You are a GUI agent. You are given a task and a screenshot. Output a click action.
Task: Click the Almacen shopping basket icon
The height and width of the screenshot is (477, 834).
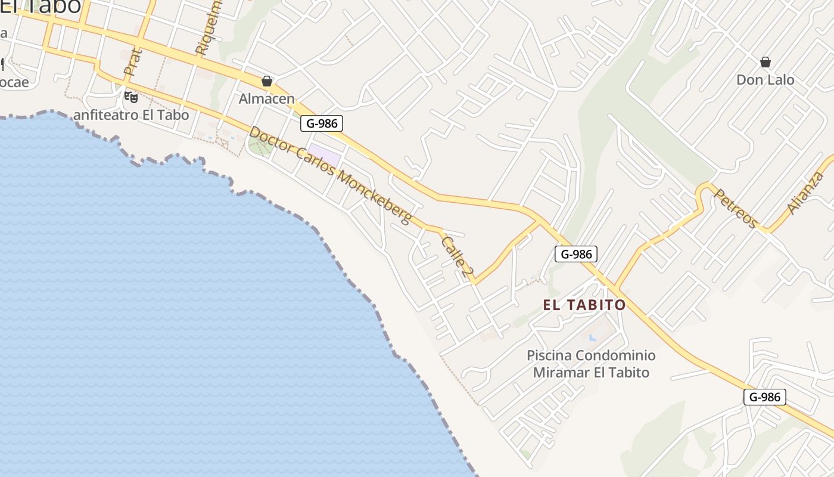pos(267,81)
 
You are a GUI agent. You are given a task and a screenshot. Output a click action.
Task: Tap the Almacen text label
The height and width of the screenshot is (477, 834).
pos(267,98)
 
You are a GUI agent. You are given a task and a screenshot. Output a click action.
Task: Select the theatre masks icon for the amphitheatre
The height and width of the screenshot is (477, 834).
pos(131,97)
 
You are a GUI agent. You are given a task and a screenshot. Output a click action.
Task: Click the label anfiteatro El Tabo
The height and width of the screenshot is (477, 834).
pos(130,115)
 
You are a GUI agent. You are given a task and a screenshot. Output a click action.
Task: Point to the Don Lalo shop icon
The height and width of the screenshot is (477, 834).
pos(765,62)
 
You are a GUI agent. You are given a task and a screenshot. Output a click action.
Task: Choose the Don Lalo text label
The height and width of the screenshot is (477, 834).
pos(765,79)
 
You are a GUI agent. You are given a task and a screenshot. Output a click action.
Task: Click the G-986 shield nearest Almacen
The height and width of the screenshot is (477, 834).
pos(322,123)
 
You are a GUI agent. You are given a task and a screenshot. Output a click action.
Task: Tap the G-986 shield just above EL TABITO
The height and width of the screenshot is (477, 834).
pos(576,254)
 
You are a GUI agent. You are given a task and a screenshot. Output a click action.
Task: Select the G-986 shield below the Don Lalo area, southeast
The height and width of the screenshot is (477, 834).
pos(765,397)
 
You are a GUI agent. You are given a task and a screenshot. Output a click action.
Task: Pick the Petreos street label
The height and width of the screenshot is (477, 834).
pos(735,208)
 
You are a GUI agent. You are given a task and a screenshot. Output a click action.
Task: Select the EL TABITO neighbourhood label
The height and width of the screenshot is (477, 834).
pos(584,305)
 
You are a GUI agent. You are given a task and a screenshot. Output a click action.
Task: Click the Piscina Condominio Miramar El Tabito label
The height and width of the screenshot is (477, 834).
pos(591,364)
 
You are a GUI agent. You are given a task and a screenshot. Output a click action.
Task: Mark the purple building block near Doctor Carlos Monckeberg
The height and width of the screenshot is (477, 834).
pos(325,156)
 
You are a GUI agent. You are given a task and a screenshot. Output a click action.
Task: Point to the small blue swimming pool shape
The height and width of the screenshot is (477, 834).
pos(592,338)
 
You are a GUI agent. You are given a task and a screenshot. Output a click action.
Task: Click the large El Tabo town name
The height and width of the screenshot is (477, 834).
pos(41,6)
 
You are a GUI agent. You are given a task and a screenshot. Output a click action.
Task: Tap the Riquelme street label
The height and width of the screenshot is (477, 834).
pos(207,27)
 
